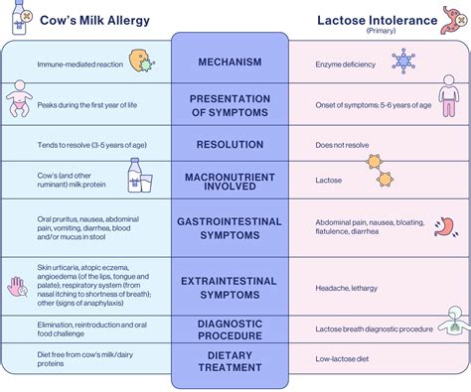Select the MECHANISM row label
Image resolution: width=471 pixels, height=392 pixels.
click(x=230, y=63)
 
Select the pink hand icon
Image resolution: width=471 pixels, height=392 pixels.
click(x=17, y=286)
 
